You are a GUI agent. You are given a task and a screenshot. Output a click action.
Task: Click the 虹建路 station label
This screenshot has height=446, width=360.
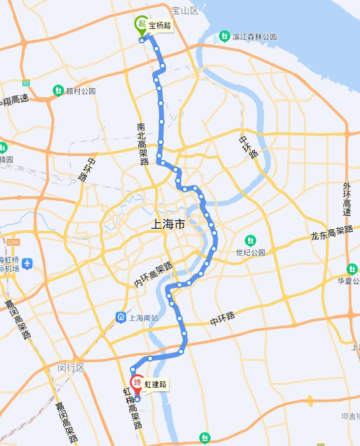(155, 384)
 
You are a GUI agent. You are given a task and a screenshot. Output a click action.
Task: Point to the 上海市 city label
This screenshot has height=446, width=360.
(168, 225)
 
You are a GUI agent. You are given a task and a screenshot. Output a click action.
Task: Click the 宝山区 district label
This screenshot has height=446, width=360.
(184, 10)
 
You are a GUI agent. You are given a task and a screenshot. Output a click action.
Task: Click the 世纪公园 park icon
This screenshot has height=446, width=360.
(249, 240)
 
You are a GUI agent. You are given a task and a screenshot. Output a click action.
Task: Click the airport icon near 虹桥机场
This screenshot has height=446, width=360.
(27, 263)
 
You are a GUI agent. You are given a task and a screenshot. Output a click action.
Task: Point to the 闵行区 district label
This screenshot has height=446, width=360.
(71, 367)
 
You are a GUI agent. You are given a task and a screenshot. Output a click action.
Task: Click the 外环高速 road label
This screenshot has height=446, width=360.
(347, 199)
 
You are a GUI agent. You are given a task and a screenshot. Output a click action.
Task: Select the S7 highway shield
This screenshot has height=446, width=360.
(26, 82)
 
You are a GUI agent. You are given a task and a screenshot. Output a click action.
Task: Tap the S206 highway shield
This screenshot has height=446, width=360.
(13, 242)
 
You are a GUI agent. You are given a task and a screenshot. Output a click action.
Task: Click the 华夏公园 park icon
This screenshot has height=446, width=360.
(353, 270)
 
